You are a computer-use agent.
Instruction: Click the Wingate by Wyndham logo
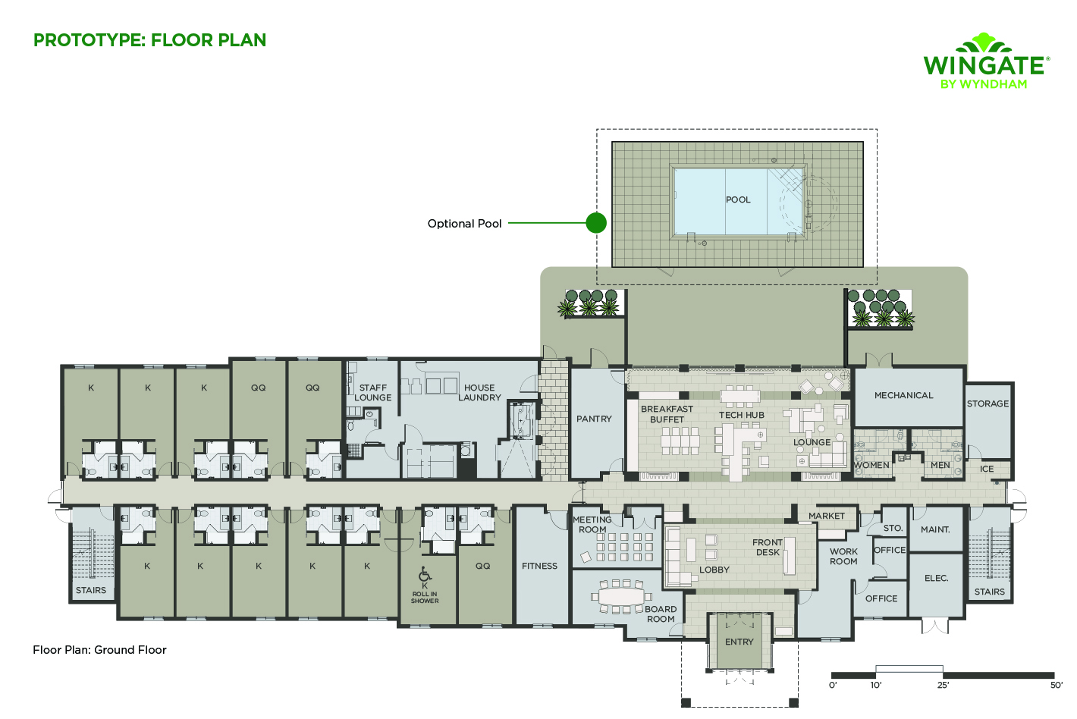985,62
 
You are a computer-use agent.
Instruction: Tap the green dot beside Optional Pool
596,223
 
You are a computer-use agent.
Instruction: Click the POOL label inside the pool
738,199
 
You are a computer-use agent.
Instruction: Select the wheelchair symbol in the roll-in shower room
425,574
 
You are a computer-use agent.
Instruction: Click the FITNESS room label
539,566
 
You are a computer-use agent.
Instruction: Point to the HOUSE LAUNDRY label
479,392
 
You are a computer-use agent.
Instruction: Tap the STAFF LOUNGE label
373,392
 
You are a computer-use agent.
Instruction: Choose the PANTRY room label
594,419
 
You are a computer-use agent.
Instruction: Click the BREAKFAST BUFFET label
667,414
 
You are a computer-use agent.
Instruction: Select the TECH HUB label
742,415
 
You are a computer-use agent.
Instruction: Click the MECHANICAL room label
903,395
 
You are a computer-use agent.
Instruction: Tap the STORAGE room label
988,403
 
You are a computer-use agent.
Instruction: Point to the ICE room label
986,469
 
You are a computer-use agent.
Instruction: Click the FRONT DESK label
768,547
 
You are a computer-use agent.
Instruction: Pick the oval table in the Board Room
620,596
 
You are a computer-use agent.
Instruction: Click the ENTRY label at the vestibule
739,642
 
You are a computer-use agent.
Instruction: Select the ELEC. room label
936,578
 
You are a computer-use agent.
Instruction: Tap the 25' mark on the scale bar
943,685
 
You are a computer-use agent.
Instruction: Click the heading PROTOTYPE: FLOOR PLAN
149,40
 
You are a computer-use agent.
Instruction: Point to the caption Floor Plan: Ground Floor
99,650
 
